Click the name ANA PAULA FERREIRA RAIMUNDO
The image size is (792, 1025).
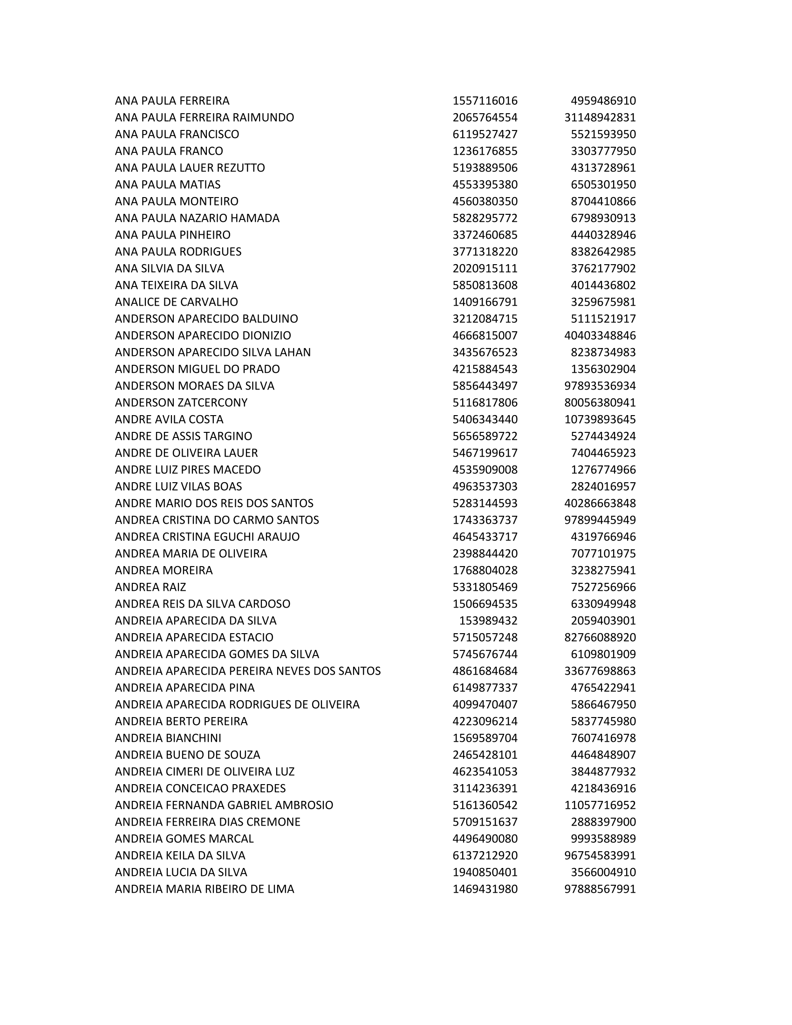coord(204,117)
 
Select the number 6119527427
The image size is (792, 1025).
coord(485,134)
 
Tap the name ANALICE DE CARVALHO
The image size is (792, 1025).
coord(177,302)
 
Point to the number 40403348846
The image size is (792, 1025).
coord(600,335)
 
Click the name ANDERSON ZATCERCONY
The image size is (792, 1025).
coord(181,403)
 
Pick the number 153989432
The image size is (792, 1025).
coord(488,621)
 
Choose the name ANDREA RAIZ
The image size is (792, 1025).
coord(150,587)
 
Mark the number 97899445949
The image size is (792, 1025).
coord(600,520)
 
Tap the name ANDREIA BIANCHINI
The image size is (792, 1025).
coord(168,738)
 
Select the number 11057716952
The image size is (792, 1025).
coord(600,805)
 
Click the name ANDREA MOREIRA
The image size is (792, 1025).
coord(164,570)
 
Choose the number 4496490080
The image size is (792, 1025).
coord(485,839)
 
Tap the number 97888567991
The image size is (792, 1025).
coord(600,889)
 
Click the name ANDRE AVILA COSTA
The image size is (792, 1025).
coord(169,419)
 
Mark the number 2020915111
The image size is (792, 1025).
coord(485,268)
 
